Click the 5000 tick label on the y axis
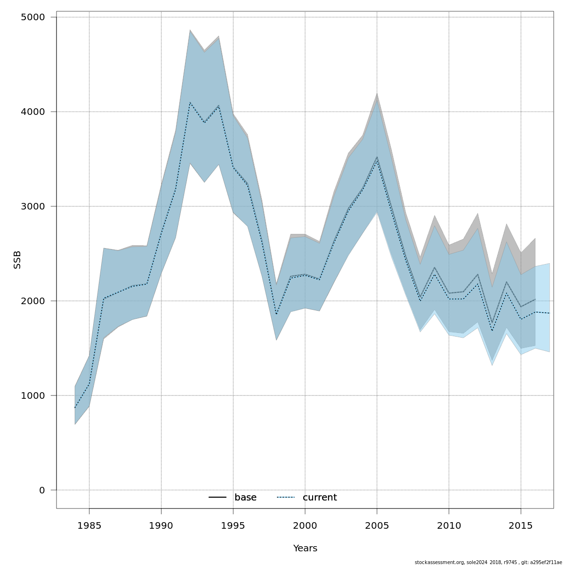(x=33, y=17)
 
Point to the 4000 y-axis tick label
(x=33, y=112)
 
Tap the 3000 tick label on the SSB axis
(x=33, y=207)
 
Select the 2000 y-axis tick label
(x=33, y=301)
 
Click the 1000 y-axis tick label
(x=33, y=396)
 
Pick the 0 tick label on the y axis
(x=42, y=491)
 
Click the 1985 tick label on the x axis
(x=89, y=525)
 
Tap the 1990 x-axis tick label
(x=161, y=525)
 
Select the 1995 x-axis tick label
(x=233, y=525)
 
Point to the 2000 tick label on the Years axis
(x=305, y=525)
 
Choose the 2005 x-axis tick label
(x=377, y=525)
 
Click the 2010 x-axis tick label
(x=449, y=525)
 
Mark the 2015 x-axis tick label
(x=521, y=525)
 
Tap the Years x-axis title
(x=305, y=549)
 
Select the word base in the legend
(x=245, y=498)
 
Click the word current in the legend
(x=320, y=498)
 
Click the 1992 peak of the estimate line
(x=190, y=102)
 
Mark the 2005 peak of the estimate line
(x=377, y=159)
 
